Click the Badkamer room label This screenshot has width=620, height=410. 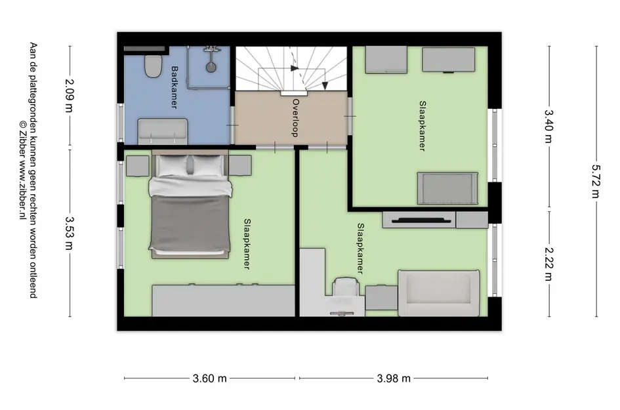point(175,87)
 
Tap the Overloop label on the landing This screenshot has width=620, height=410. point(295,118)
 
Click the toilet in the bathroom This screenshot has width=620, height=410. point(154,66)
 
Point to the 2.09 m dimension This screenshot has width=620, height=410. point(69,95)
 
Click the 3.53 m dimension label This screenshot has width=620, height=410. point(69,233)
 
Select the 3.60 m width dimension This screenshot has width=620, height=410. point(209,379)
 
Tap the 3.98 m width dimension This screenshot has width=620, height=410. point(394,379)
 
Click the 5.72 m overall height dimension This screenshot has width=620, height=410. point(596,180)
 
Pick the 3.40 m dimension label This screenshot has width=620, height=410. point(548,126)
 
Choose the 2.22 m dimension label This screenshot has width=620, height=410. point(548,264)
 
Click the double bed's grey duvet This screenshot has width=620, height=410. point(190,222)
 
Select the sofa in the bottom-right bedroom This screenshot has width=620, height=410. point(439,293)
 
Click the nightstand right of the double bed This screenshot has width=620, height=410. point(240,165)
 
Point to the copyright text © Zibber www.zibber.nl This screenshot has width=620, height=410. point(22,170)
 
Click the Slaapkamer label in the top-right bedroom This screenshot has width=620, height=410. point(423,126)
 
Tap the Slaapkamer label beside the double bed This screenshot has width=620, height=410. point(247,244)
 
